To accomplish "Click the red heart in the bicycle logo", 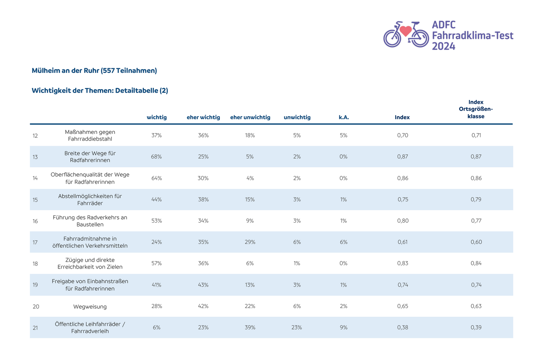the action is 405,31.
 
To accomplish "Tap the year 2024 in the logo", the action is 443,46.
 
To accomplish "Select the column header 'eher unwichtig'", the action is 250,117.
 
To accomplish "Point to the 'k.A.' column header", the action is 344,117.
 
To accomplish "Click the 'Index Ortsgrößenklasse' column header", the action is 476,109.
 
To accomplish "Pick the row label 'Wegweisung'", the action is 90,306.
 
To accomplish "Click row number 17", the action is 35,242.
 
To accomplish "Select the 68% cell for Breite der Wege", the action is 156,157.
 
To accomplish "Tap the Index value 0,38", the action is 403,327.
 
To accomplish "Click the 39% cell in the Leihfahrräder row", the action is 250,327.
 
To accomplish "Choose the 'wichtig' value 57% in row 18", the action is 157,263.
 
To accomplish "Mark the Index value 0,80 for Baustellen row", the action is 403,221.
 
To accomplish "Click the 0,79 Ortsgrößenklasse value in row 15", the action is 476,199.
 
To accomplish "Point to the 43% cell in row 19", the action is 203,285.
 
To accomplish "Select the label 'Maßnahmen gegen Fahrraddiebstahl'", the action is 90,135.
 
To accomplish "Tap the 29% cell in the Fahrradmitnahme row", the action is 250,242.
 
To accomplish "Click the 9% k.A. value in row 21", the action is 344,327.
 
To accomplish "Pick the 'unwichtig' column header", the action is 297,117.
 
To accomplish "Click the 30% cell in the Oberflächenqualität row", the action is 203,178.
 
